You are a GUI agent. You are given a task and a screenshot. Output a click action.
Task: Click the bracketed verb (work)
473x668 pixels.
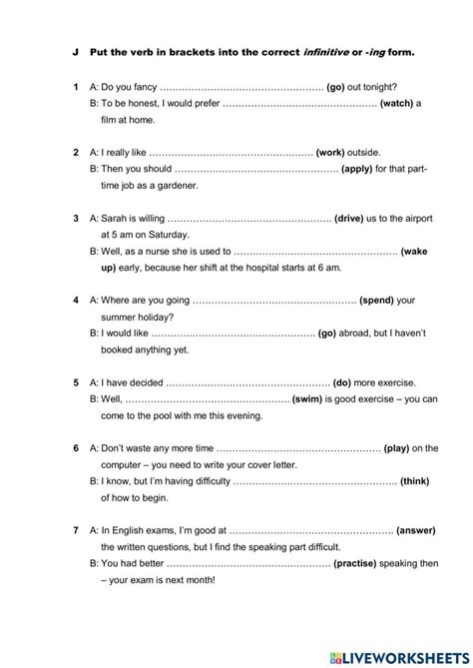click(329, 152)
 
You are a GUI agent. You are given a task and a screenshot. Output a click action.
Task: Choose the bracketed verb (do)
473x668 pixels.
click(343, 382)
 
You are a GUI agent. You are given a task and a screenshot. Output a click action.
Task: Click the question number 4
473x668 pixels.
click(76, 300)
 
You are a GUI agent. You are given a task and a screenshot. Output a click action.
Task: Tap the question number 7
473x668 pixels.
click(76, 530)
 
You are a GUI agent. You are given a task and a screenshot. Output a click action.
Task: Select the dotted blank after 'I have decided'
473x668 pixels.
click(247, 383)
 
